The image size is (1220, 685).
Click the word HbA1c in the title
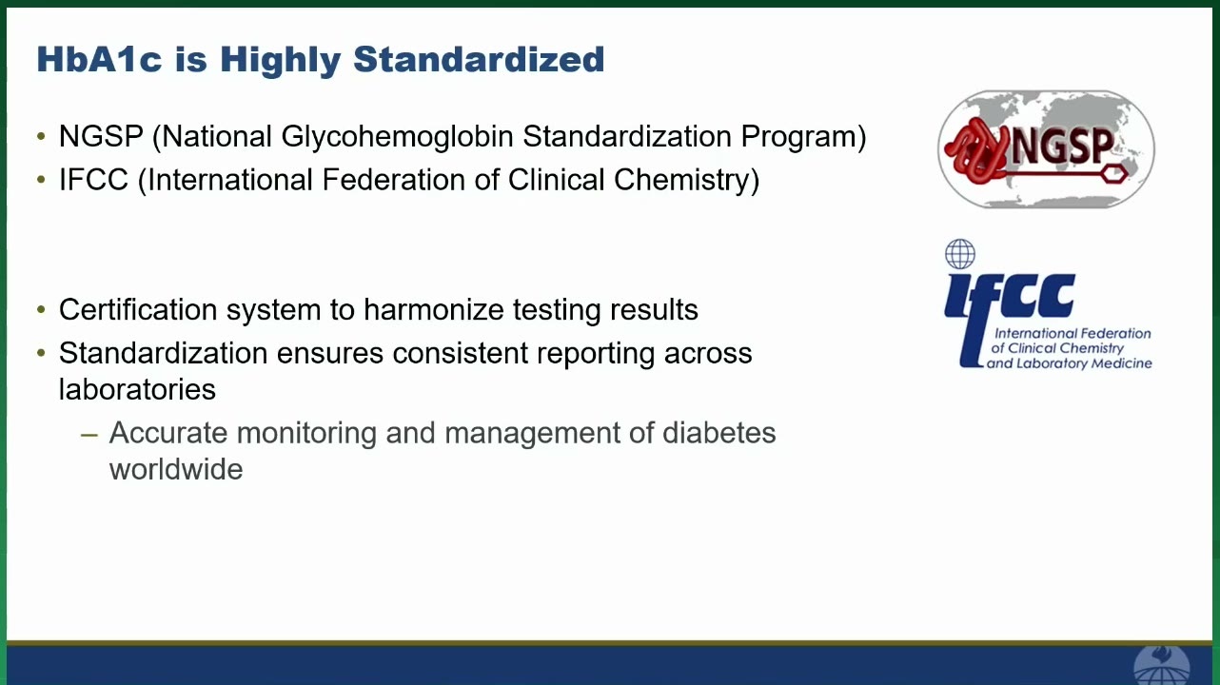[x=99, y=59]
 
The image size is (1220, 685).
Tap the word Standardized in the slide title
[x=479, y=59]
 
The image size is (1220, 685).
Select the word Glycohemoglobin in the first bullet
[x=397, y=136]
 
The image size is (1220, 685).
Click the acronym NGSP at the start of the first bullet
[x=101, y=136]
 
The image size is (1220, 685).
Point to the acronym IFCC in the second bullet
[x=93, y=180]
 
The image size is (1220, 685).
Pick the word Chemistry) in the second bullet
[x=686, y=180]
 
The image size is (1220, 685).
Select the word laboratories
[x=137, y=389]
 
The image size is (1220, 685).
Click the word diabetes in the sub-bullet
[x=718, y=433]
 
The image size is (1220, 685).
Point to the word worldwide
[x=176, y=469]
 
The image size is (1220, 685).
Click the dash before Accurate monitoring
[x=89, y=435]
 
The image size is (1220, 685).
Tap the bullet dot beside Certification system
[x=41, y=310]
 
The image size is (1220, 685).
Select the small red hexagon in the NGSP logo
[x=1113, y=174]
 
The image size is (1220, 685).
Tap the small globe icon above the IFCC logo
[x=959, y=254]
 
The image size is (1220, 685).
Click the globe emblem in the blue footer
[x=1161, y=665]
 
